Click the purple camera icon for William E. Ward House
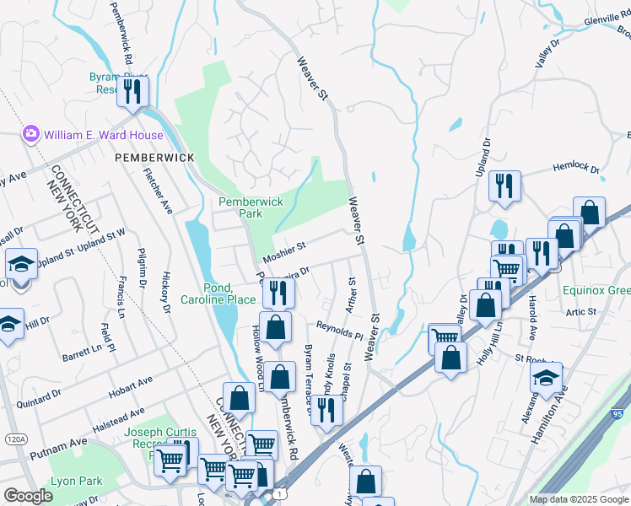click(x=31, y=134)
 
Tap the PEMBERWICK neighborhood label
click(x=154, y=158)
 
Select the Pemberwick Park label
click(x=251, y=208)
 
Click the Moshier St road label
click(x=283, y=246)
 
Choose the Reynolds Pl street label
click(x=340, y=329)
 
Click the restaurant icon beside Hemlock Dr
click(x=504, y=186)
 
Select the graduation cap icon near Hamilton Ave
click(x=546, y=377)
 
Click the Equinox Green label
click(x=597, y=291)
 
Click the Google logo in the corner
click(x=28, y=496)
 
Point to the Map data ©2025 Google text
click(x=579, y=499)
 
